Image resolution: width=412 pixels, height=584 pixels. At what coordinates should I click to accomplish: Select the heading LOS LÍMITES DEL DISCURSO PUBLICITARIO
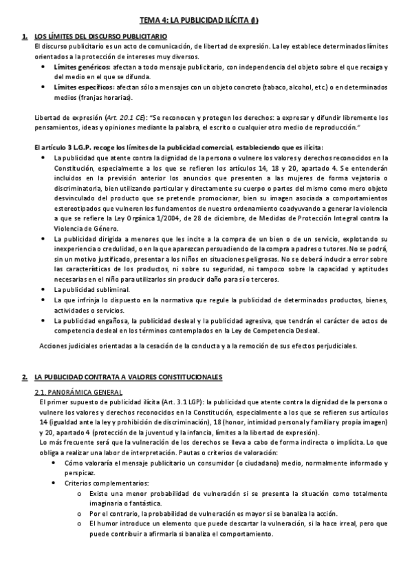pyautogui.click(x=100, y=36)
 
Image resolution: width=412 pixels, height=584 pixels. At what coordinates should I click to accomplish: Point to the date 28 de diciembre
pyautogui.click(x=202, y=218)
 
